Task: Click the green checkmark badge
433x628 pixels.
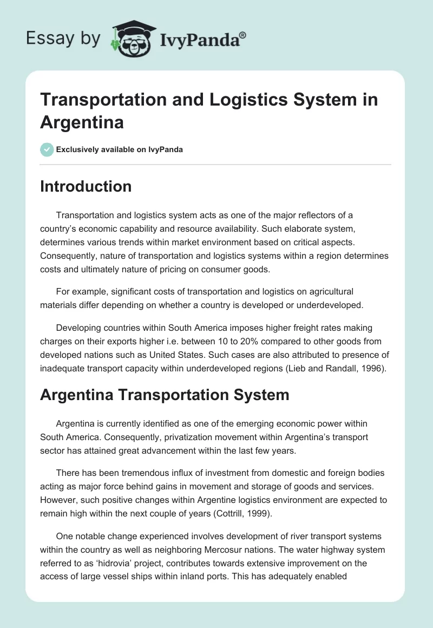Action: [47, 149]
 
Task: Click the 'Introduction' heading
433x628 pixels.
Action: [86, 186]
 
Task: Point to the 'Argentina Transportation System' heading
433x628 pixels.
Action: [165, 395]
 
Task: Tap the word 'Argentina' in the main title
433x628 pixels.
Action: [82, 122]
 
